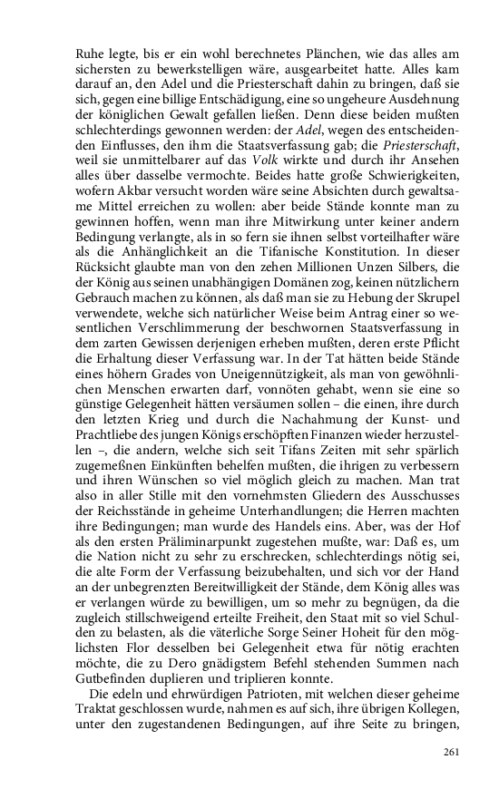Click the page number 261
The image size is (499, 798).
tap(454, 753)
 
